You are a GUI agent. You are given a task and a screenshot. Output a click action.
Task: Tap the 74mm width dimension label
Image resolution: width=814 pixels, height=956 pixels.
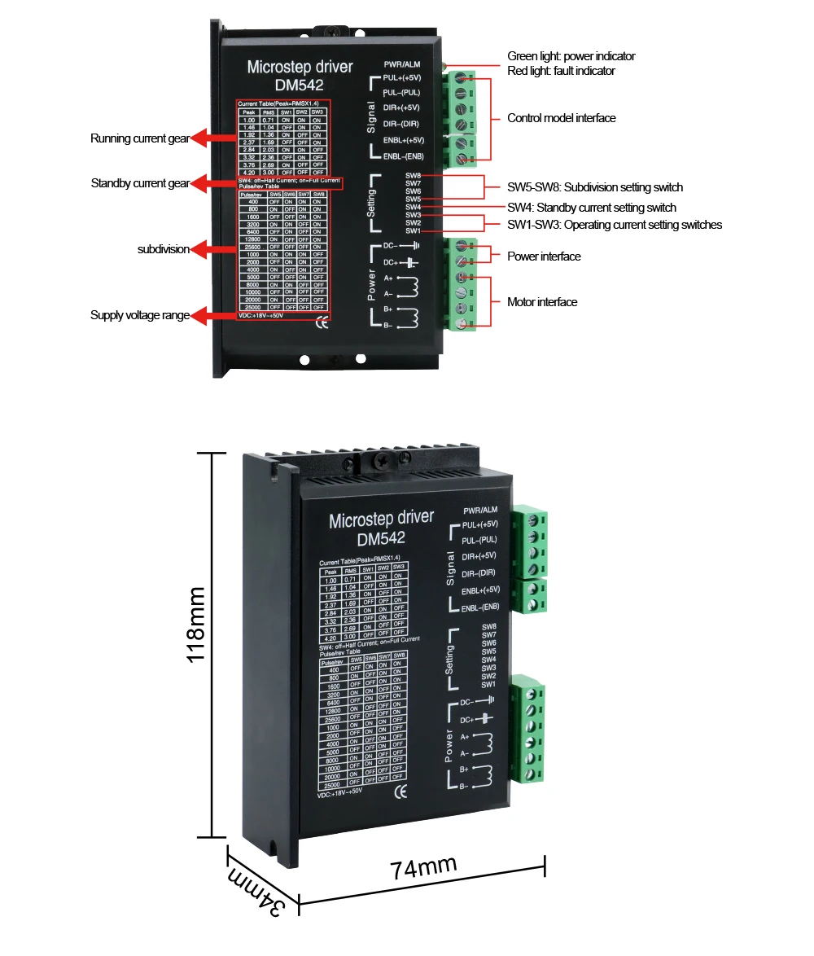(x=423, y=866)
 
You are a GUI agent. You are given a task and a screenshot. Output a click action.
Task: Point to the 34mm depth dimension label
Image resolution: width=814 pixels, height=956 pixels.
(x=256, y=893)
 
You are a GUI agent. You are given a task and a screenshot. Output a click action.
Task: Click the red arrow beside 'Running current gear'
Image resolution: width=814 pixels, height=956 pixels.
(x=213, y=139)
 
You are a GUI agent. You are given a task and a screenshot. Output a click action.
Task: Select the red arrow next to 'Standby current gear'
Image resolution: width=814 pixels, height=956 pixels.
(x=213, y=184)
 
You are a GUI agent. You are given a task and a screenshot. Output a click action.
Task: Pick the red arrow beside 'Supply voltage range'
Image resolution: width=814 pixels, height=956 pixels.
(x=213, y=315)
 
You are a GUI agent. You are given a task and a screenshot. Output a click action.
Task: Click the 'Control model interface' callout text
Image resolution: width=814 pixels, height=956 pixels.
(x=561, y=118)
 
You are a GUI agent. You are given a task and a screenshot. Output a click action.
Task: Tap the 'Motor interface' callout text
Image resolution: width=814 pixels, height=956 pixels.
(x=542, y=302)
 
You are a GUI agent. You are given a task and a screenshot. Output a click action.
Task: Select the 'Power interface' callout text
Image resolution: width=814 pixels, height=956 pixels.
(x=544, y=257)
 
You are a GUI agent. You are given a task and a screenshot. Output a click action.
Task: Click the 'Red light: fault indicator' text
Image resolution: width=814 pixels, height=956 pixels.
(x=561, y=71)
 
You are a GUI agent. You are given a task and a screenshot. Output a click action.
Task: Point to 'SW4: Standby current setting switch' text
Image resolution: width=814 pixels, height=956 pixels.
(x=591, y=208)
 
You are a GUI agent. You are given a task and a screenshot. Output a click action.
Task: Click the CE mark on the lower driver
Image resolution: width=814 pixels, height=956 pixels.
(x=399, y=792)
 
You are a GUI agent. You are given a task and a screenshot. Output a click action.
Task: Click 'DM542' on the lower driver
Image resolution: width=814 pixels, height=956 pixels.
(x=380, y=537)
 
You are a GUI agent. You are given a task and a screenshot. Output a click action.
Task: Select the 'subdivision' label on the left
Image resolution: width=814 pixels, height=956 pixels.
(x=163, y=249)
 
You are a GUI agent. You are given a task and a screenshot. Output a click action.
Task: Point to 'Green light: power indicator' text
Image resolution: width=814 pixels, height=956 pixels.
(x=571, y=56)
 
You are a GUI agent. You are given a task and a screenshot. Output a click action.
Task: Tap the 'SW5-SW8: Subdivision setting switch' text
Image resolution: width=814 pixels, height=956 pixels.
(x=594, y=187)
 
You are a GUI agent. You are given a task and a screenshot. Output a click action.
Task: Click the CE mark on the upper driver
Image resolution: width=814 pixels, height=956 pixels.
(x=322, y=320)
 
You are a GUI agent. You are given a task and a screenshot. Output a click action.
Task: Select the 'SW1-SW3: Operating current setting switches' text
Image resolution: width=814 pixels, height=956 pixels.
(x=614, y=225)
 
